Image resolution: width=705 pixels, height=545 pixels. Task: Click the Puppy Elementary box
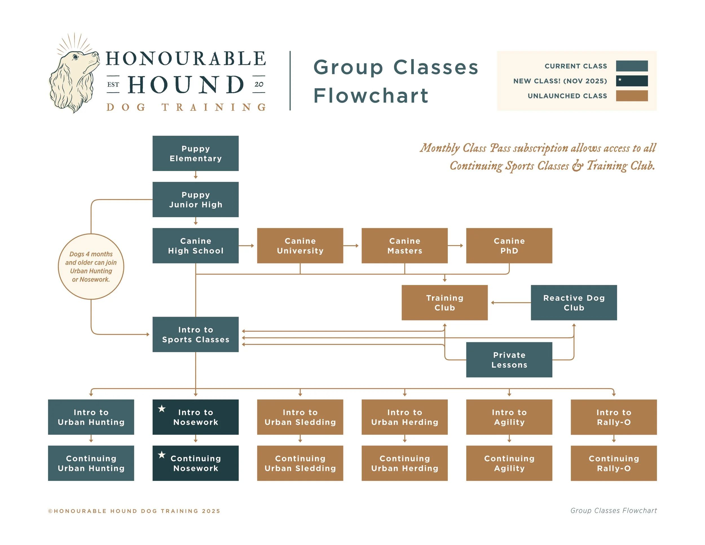tap(195, 153)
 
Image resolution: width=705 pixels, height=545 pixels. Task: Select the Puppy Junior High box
tap(195, 199)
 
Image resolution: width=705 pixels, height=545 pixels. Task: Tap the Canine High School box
tap(195, 246)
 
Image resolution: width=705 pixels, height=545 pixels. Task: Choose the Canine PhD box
tap(509, 246)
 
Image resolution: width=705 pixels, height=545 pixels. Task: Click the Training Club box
tap(444, 302)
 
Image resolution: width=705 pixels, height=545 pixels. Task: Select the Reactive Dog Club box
tap(574, 302)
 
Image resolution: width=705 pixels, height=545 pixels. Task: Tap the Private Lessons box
tap(509, 360)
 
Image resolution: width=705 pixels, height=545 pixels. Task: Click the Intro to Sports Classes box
tap(195, 335)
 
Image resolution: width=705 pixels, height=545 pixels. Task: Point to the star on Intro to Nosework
tap(162, 409)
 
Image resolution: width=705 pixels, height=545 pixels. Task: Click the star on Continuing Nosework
tap(162, 455)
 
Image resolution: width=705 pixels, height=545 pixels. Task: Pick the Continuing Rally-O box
tap(614, 463)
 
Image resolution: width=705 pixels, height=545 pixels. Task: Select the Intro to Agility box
tap(509, 417)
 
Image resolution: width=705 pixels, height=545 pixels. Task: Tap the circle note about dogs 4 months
tap(91, 267)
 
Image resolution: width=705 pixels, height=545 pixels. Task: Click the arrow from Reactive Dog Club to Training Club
tap(510, 302)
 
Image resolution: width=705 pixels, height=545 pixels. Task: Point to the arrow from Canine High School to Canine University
tap(247, 246)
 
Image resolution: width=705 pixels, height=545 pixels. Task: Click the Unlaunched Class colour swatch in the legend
tap(632, 96)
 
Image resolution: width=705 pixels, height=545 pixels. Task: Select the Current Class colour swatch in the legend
tap(632, 66)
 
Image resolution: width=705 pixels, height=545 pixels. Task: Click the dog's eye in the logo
tap(76, 58)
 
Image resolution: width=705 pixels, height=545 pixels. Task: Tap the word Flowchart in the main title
tap(371, 96)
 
